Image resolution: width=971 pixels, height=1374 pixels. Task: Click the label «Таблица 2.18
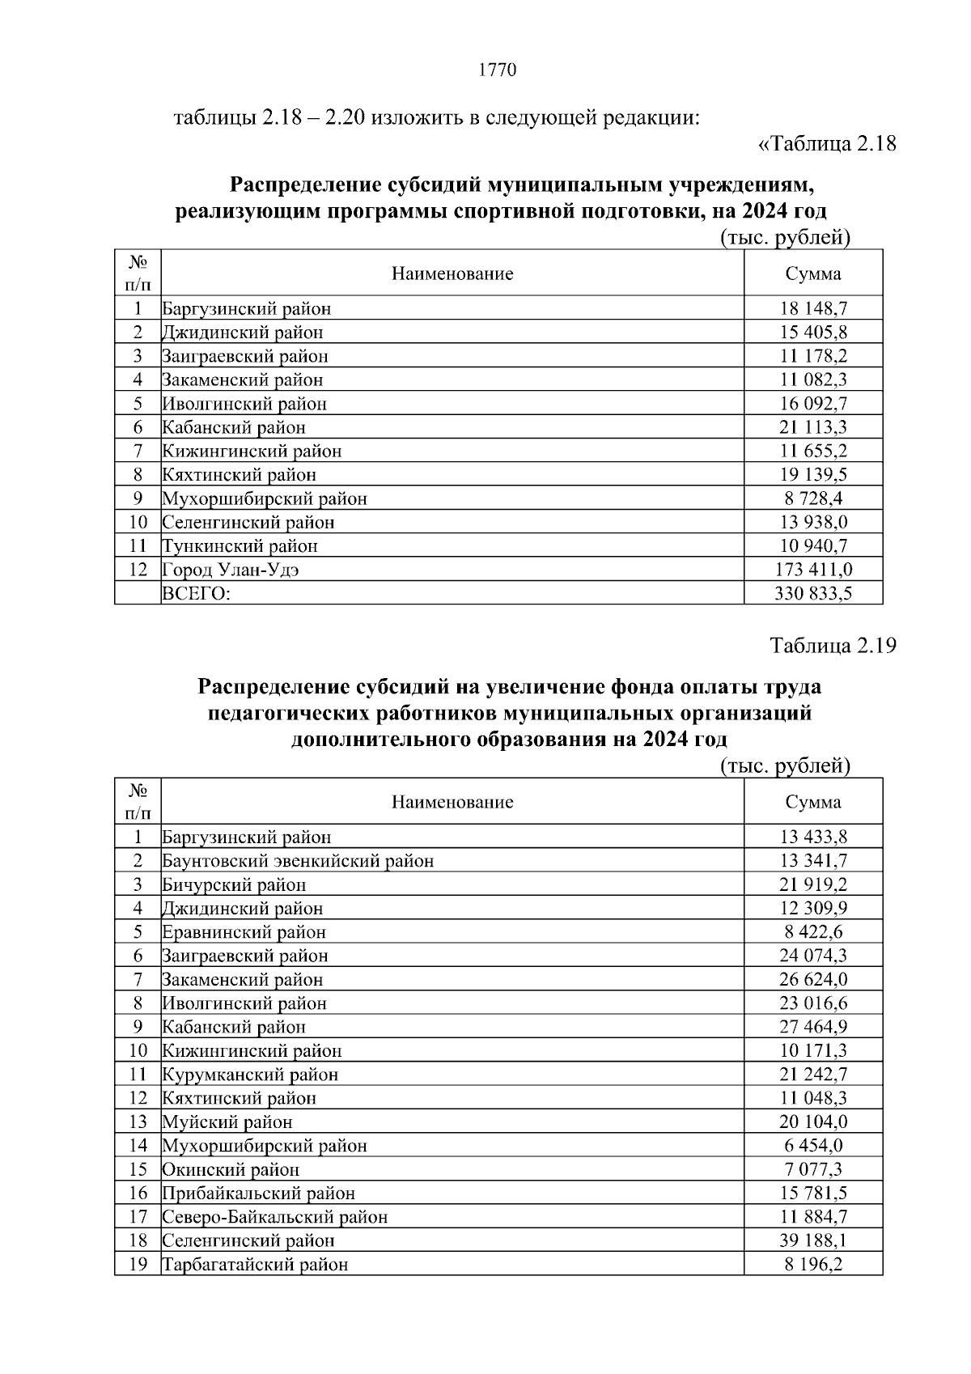tap(826, 145)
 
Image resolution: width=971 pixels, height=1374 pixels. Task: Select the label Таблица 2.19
tap(833, 647)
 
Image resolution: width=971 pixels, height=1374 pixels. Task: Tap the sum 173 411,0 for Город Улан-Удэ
tap(813, 570)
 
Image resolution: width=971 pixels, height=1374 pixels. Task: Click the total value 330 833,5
tap(813, 593)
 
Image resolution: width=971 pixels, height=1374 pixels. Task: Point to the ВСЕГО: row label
tap(197, 593)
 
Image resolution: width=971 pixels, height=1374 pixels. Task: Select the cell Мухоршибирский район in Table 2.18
tap(265, 498)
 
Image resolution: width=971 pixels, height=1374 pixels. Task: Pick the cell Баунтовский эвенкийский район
tap(298, 861)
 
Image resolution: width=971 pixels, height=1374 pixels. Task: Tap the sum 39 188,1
tap(813, 1240)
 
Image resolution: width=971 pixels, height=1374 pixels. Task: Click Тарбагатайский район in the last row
tap(256, 1265)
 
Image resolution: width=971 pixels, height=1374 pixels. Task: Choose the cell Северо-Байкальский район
tap(275, 1217)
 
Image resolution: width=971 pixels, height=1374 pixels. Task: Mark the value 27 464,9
tap(813, 1027)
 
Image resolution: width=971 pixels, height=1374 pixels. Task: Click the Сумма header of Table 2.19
tap(813, 802)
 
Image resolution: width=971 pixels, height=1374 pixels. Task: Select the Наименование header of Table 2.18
tap(452, 274)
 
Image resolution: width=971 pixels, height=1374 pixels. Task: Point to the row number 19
tap(138, 1265)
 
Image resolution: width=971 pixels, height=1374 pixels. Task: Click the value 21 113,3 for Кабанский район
tap(813, 427)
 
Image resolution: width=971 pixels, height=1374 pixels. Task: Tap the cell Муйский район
tap(227, 1122)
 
